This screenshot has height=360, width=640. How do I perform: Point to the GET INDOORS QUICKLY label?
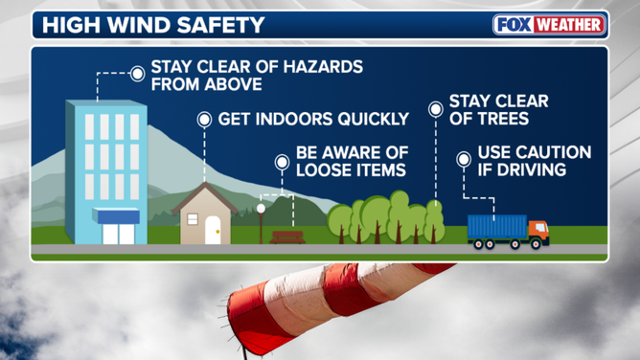[314, 120]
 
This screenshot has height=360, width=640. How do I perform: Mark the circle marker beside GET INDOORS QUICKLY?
[204, 120]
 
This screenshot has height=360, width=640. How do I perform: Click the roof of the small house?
[203, 197]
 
